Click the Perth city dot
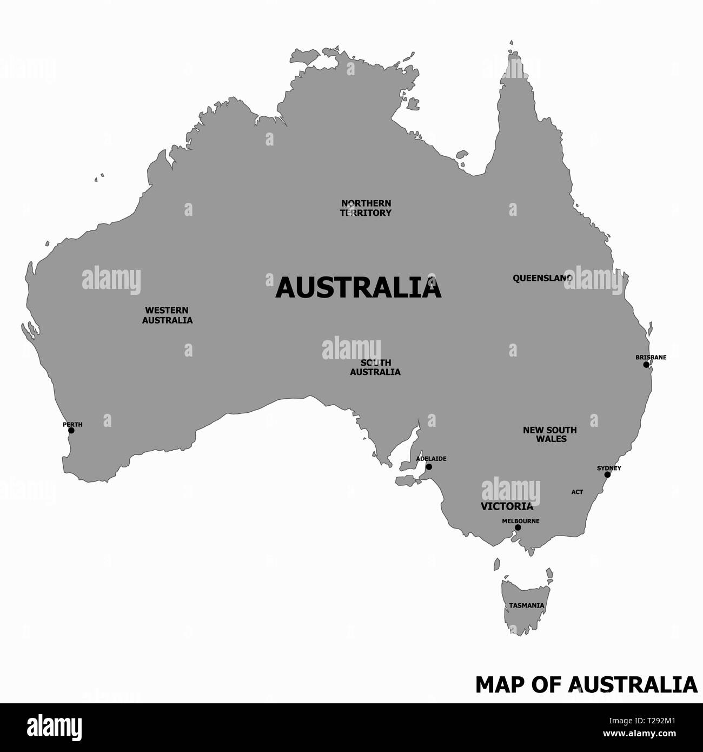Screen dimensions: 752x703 pos(71,431)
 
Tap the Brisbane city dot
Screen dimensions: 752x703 pos(646,365)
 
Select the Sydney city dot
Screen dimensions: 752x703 pos(607,474)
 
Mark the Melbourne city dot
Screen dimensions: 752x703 pos(518,527)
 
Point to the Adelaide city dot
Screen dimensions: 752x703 pos(429,466)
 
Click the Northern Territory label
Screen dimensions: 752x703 pos(366,208)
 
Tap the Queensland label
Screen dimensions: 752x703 pos(542,278)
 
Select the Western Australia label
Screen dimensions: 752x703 pos(167,315)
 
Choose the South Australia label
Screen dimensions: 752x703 pos(375,367)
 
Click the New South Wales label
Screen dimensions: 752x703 pos(550,434)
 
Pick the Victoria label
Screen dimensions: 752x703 pos(507,507)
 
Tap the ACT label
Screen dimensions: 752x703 pos(577,492)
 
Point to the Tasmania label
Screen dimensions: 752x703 pos(526,605)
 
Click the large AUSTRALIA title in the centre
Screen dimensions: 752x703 pos(359,288)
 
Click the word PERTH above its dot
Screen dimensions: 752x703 pos(72,425)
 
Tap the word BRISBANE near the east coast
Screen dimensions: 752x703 pos(651,357)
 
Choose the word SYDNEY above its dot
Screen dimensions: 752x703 pos(609,468)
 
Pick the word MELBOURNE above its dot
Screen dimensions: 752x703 pos(520,521)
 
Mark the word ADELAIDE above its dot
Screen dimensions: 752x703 pos(431,459)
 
